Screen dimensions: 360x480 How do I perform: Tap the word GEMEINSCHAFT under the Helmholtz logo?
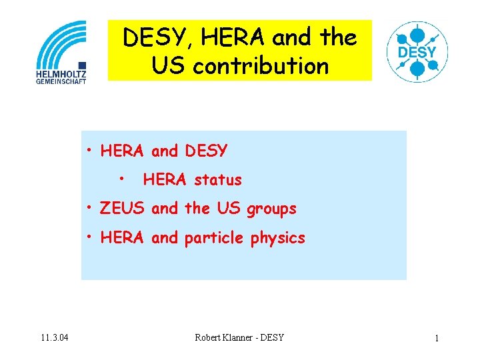[61, 81]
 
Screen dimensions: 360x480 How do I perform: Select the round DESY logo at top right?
[417, 51]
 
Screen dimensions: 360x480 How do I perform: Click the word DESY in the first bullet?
[206, 151]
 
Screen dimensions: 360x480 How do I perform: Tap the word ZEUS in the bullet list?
[123, 209]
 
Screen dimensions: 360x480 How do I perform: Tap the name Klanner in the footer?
[243, 337]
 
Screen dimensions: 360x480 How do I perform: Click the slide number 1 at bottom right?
[437, 338]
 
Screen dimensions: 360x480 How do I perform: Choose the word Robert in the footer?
[209, 337]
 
